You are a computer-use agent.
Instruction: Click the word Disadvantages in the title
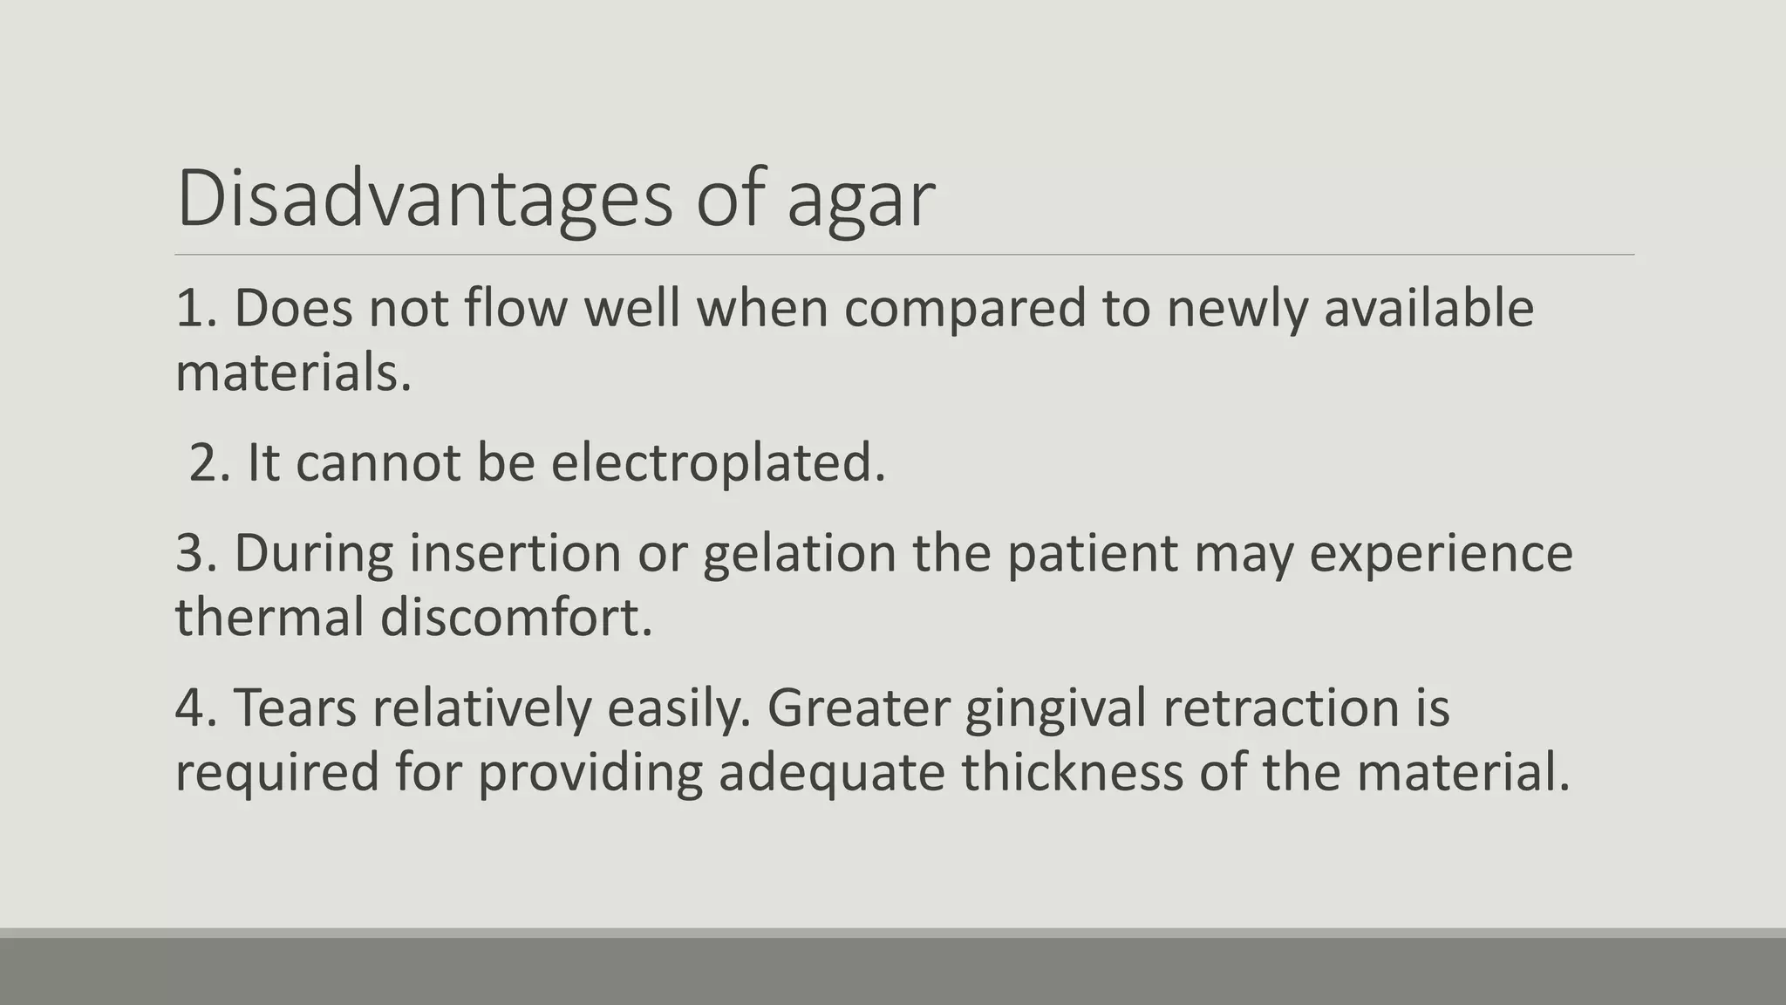425,199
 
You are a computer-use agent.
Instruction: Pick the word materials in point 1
293,373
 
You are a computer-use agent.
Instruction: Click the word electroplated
719,463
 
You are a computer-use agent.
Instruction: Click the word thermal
269,618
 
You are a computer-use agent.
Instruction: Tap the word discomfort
516,618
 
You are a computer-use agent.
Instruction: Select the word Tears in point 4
295,708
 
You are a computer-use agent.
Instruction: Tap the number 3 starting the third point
190,554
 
